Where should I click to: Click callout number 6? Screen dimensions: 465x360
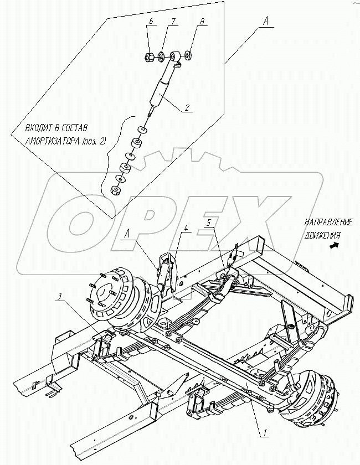coord(150,22)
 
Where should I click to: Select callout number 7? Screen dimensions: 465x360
coord(172,22)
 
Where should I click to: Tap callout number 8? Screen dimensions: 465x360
coord(202,22)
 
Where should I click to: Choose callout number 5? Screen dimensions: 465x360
coord(209,224)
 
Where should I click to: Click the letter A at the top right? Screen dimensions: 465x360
coord(266,20)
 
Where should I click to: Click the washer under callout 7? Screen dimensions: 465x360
coord(160,56)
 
